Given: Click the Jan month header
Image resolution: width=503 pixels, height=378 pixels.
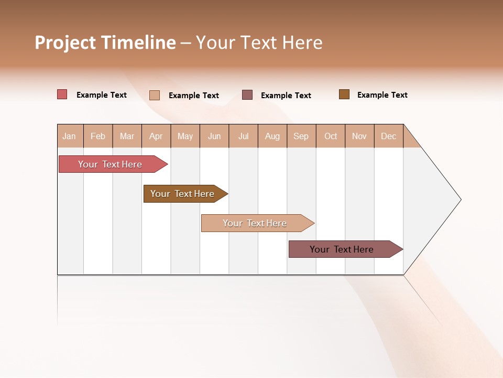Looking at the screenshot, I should pyautogui.click(x=69, y=136).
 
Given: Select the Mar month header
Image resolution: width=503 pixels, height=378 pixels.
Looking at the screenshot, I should pyautogui.click(x=127, y=136).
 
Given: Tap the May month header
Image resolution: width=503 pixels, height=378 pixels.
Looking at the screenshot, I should pyautogui.click(x=185, y=136).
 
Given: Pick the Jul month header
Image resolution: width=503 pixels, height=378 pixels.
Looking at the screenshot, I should pyautogui.click(x=243, y=136).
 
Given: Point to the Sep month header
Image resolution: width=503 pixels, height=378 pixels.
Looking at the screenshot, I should pyautogui.click(x=301, y=136).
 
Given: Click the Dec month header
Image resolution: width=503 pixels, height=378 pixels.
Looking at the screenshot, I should pyautogui.click(x=388, y=136).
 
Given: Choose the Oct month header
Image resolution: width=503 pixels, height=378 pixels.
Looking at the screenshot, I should pyautogui.click(x=331, y=136).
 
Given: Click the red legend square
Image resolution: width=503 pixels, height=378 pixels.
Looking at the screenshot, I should pyautogui.click(x=62, y=94).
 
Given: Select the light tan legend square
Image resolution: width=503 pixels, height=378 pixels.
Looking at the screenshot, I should pyautogui.click(x=154, y=95).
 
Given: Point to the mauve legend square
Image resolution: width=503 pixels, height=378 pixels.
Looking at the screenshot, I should pyautogui.click(x=247, y=94).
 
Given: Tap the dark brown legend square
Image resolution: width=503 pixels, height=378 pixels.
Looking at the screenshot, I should pyautogui.click(x=344, y=94).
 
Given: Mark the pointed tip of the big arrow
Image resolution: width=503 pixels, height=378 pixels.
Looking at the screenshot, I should pyautogui.click(x=460, y=199).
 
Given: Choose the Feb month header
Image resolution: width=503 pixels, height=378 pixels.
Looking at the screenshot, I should pyautogui.click(x=98, y=136).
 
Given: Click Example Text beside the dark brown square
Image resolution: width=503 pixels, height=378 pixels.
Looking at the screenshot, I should pyautogui.click(x=382, y=95).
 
